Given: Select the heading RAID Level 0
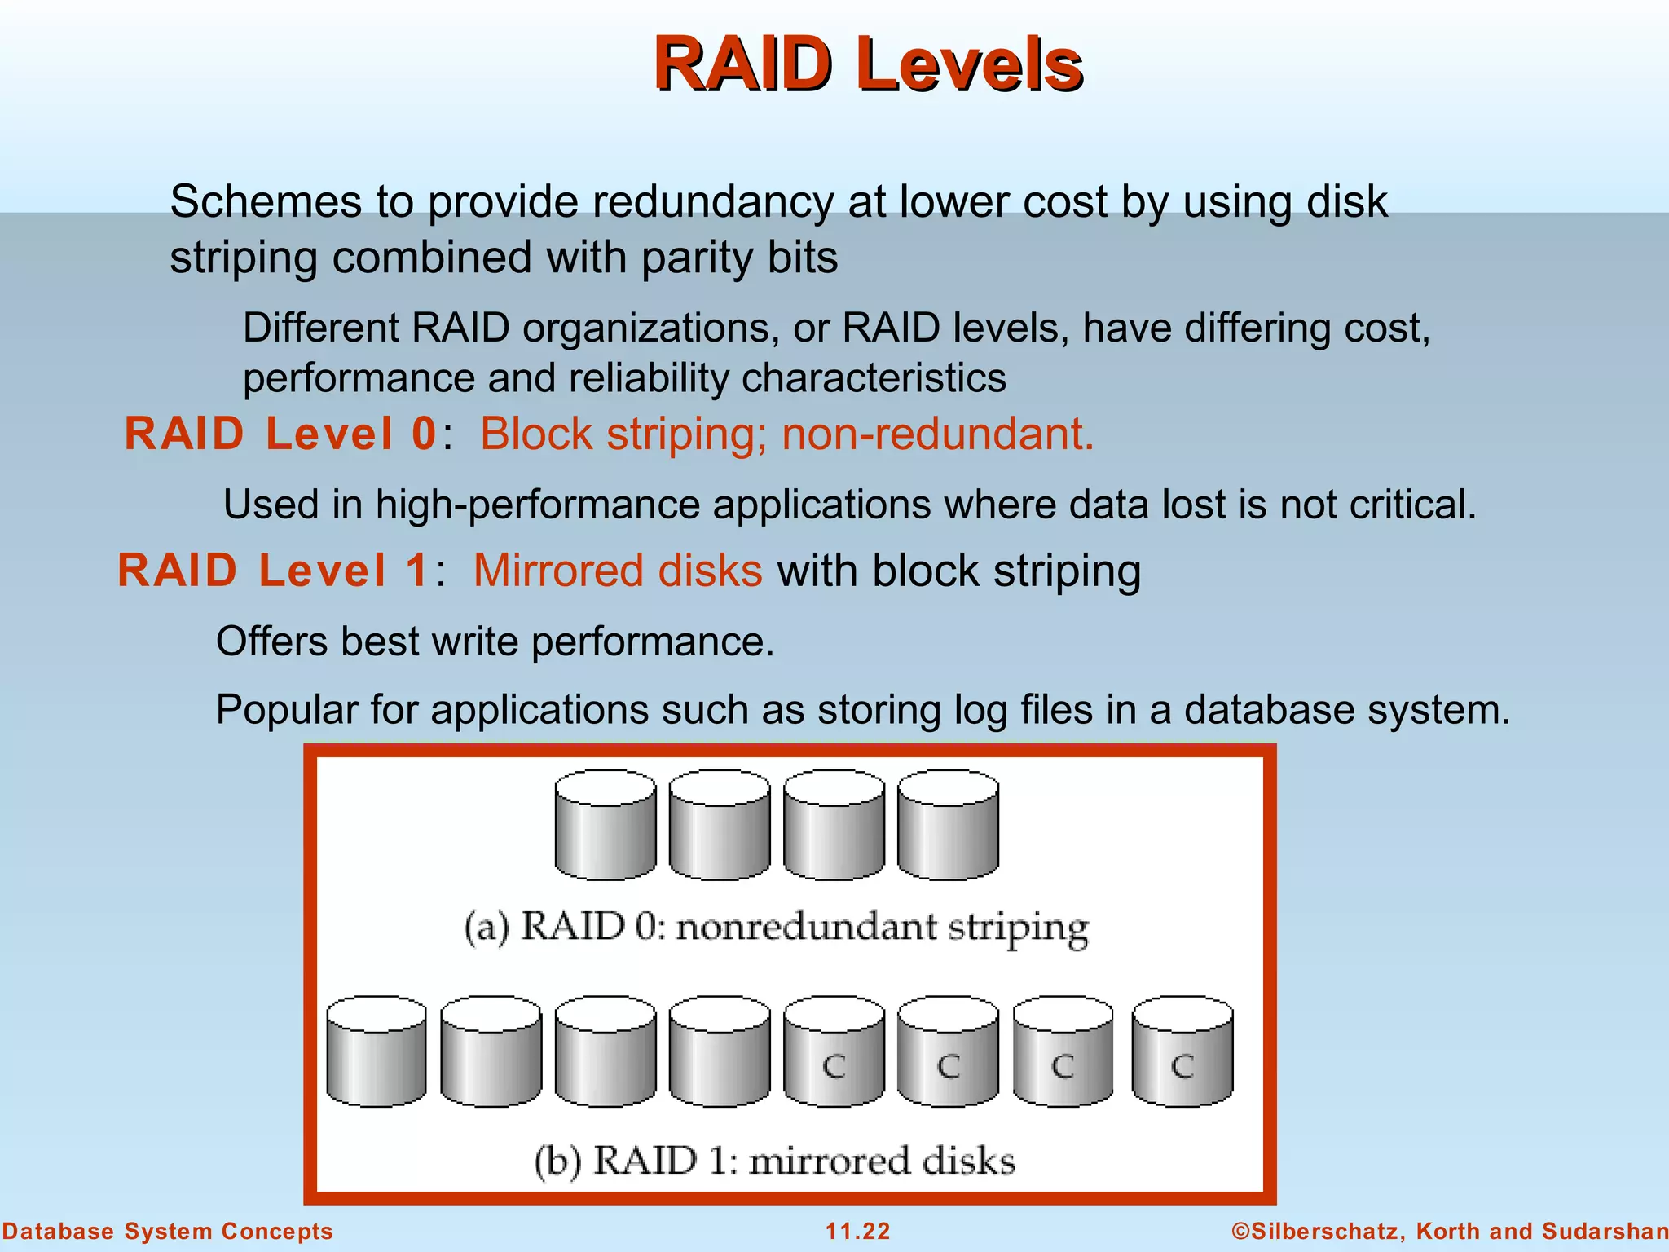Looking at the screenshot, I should pos(281,434).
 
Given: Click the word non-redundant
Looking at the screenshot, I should pos(937,434).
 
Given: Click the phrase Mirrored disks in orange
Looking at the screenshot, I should pos(618,571).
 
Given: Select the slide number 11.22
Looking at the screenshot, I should pos(857,1231).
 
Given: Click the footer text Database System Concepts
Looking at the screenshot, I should pos(167,1231).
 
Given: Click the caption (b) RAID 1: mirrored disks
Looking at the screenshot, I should pos(774,1161).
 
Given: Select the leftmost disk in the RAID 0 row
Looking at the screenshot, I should pos(605,825).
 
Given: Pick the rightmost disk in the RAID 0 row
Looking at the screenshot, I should pos(948,825).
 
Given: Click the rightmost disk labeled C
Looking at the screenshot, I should pos(1182,1051).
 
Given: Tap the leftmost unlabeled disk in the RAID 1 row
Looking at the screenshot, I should pos(376,1051).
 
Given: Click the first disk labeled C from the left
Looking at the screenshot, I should pos(833,1051).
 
